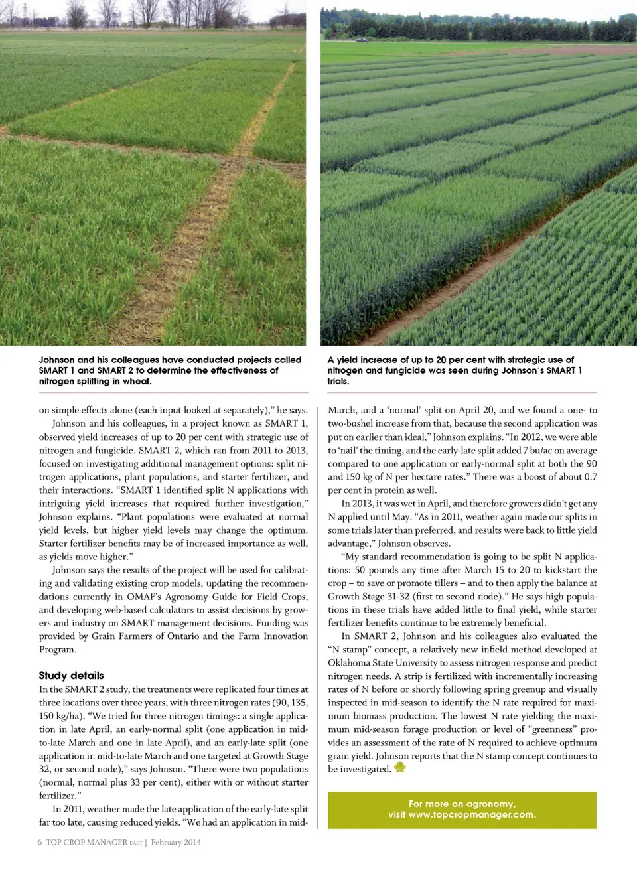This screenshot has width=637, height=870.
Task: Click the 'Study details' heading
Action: (x=71, y=676)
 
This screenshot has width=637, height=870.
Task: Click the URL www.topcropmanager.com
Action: (x=472, y=815)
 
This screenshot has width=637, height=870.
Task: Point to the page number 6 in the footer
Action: (x=40, y=842)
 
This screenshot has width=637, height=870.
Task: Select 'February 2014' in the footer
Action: (x=175, y=842)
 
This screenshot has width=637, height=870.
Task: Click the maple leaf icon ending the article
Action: (x=399, y=768)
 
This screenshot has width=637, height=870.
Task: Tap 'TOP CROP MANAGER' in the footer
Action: (x=86, y=842)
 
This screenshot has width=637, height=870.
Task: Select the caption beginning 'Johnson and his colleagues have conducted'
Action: (x=170, y=370)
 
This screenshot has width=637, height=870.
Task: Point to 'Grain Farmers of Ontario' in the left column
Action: (x=147, y=636)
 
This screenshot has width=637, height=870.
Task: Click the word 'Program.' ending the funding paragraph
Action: (x=58, y=649)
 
